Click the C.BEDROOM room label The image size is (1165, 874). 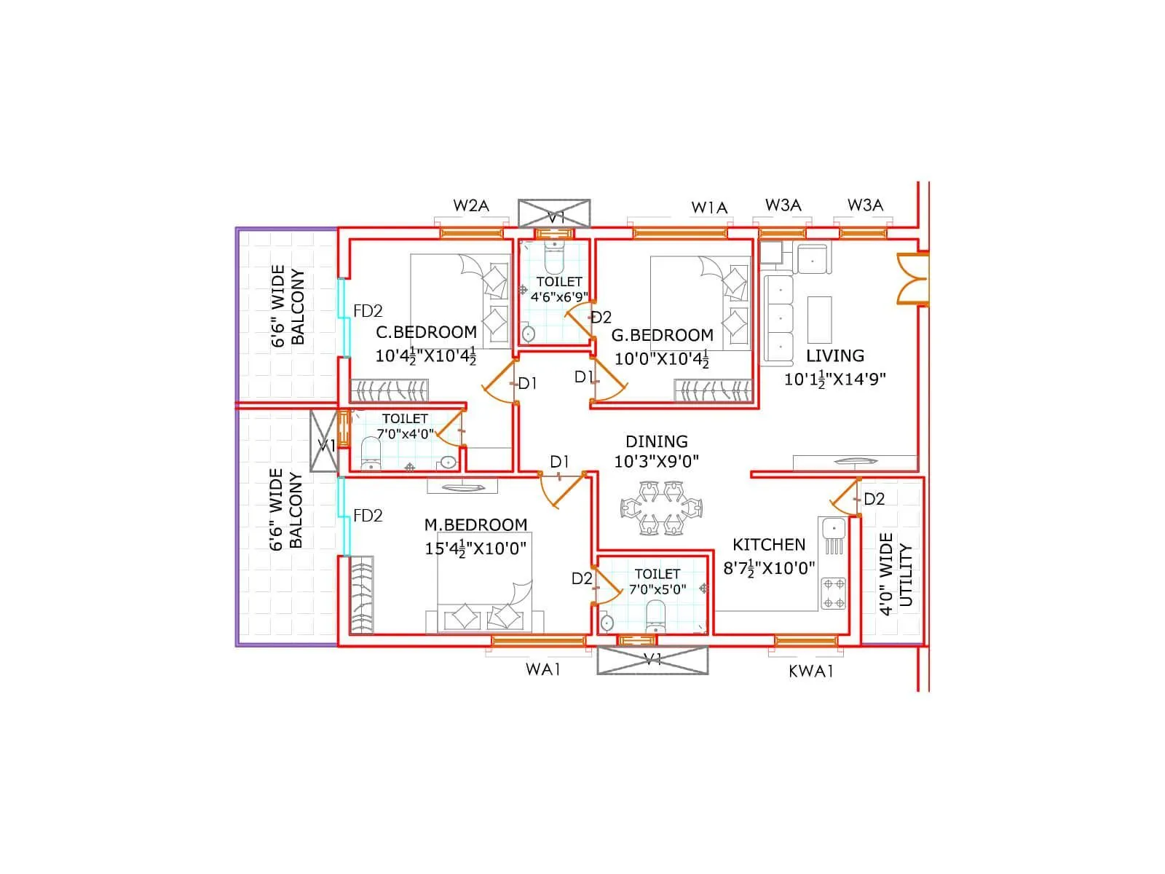[x=426, y=332]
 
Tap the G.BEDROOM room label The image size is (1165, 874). [x=662, y=336]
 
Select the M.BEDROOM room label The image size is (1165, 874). [x=475, y=525]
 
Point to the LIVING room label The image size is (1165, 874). [x=835, y=356]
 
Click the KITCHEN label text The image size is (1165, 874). [x=769, y=545]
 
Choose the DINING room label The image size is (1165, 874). [x=656, y=441]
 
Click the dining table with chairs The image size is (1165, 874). [x=662, y=508]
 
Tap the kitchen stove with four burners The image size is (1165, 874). [x=834, y=594]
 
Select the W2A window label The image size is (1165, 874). [x=471, y=205]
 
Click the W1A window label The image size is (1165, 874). [x=709, y=208]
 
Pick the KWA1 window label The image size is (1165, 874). [x=810, y=672]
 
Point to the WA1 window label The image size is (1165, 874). [x=543, y=669]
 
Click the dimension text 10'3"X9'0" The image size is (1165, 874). [x=656, y=461]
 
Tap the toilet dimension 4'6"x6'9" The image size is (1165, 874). [x=559, y=297]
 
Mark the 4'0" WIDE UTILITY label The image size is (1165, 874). [x=896, y=575]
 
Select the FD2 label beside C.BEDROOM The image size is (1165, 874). [x=368, y=311]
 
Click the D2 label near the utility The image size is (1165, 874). [x=874, y=499]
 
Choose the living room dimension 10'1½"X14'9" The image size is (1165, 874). [x=834, y=379]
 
